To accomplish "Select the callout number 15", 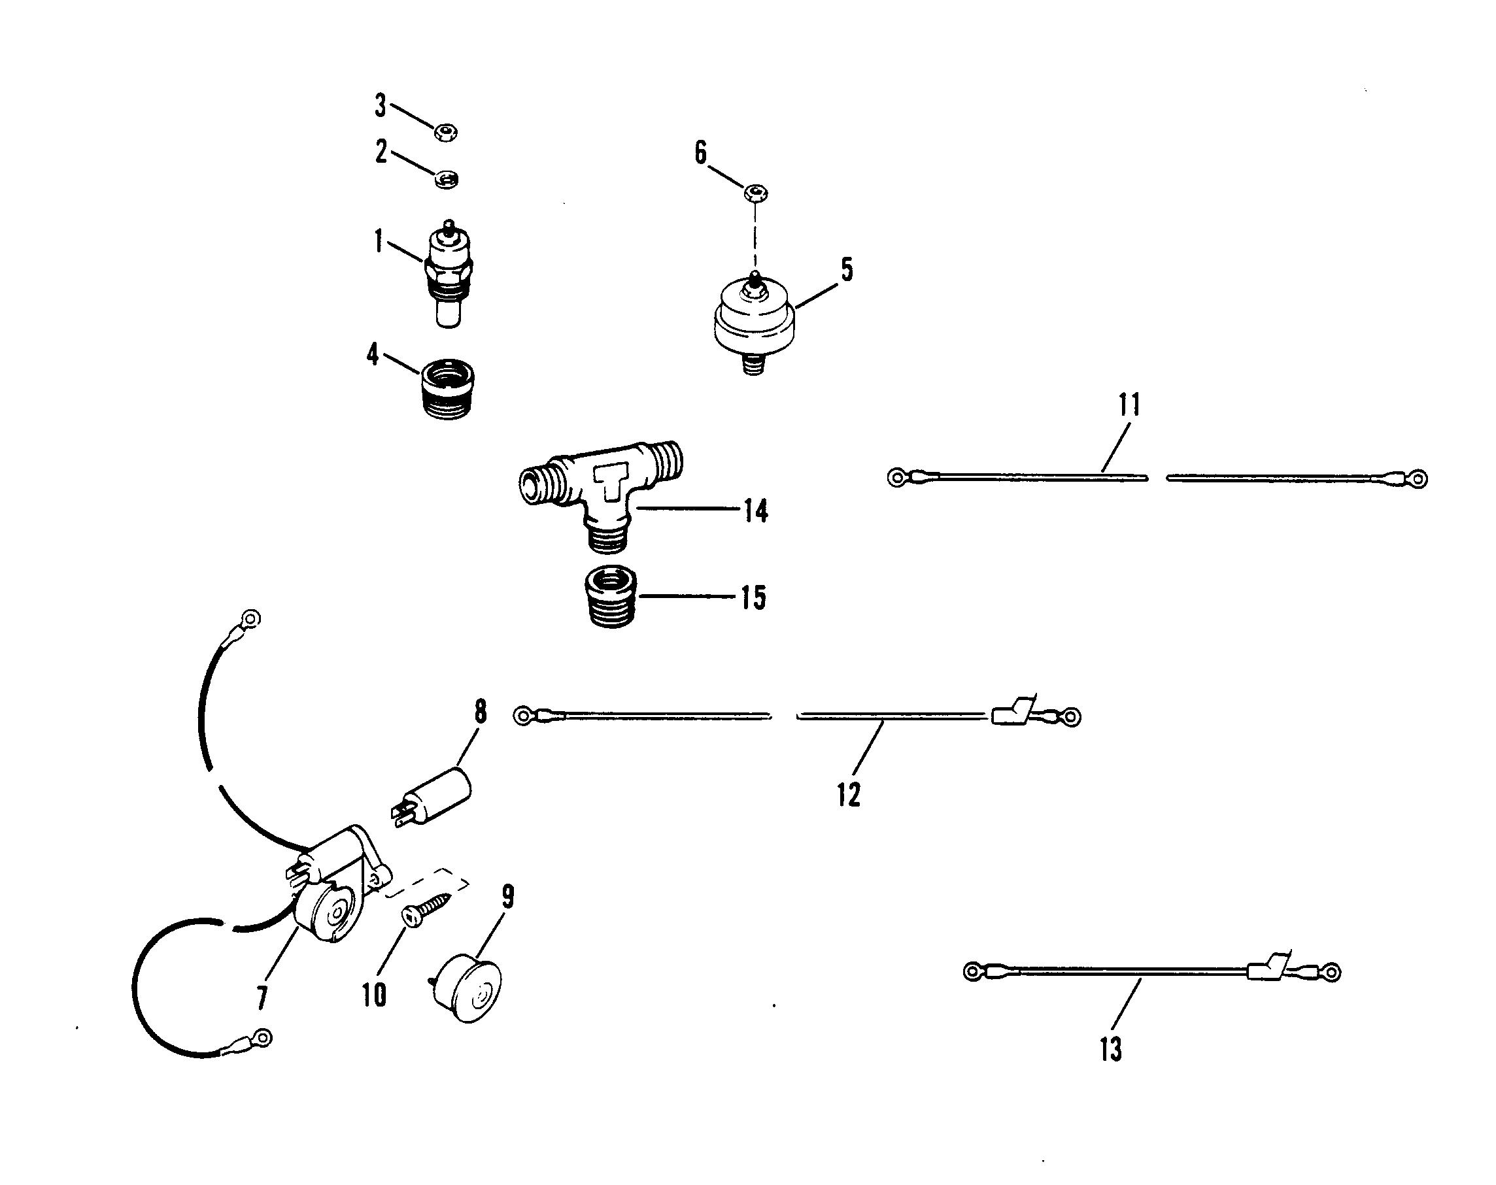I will coord(753,597).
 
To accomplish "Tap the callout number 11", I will coord(1129,405).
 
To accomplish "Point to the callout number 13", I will coord(1110,1050).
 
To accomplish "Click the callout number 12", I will coord(849,794).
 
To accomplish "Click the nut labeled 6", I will coord(756,193).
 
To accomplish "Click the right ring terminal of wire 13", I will coord(1331,972).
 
